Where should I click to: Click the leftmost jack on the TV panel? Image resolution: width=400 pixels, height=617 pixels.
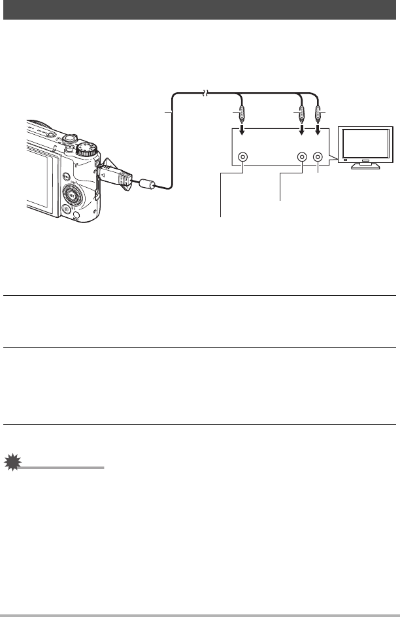(x=243, y=158)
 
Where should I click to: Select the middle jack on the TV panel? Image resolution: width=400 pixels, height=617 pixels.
(x=302, y=158)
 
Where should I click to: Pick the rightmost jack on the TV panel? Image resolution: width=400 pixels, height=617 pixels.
(x=318, y=158)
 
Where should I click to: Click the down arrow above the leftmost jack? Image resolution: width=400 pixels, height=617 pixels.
(x=243, y=133)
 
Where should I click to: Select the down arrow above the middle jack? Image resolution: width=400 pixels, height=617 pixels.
(x=302, y=133)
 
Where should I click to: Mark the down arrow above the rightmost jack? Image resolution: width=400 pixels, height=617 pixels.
(x=318, y=133)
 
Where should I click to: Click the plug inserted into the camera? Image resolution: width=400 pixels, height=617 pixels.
(x=114, y=175)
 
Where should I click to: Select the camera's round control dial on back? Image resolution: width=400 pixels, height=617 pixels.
(x=75, y=193)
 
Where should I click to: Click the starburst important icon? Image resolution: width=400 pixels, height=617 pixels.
(x=12, y=464)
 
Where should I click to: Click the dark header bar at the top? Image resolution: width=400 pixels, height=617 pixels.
(x=200, y=10)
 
